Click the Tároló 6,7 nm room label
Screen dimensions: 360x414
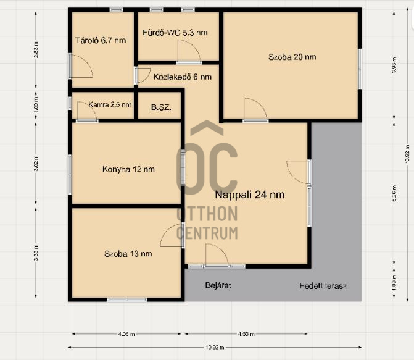pyautogui.click(x=100, y=40)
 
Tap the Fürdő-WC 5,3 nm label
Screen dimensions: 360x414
pyautogui.click(x=175, y=32)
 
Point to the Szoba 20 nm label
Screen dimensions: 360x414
pyautogui.click(x=292, y=57)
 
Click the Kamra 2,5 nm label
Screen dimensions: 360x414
pyautogui.click(x=110, y=104)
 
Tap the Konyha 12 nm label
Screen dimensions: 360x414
pyautogui.click(x=128, y=169)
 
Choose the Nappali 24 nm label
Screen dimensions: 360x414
pyautogui.click(x=249, y=194)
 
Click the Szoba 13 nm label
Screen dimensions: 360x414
pyautogui.click(x=128, y=253)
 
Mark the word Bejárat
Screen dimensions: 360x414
pyautogui.click(x=218, y=286)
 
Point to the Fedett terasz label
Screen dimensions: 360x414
pyautogui.click(x=323, y=286)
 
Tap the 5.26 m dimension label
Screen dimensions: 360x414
pyautogui.click(x=394, y=192)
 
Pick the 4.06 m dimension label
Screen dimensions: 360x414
pyautogui.click(x=126, y=334)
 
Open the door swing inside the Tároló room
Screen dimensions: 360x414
pyautogui.click(x=81, y=67)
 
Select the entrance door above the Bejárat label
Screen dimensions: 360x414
pyautogui.click(x=216, y=255)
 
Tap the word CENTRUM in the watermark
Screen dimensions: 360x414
pyautogui.click(x=207, y=233)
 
